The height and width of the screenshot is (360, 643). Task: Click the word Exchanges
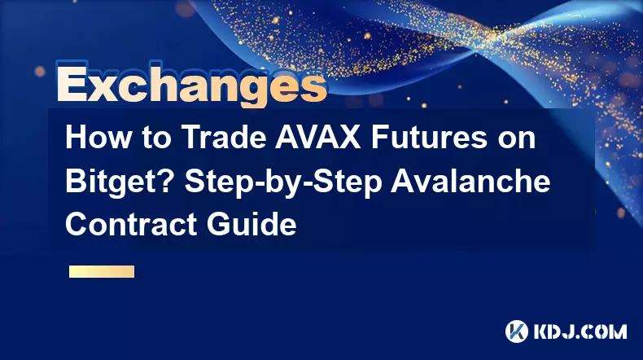click(x=191, y=84)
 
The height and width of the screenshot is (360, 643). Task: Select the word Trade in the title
click(x=224, y=138)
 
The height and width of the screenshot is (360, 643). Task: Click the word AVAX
click(x=318, y=138)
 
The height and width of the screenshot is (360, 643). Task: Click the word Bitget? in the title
click(x=121, y=182)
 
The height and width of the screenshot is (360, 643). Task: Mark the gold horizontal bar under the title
click(x=102, y=271)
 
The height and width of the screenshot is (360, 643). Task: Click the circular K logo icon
click(x=516, y=331)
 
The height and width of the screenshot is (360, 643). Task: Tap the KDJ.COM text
click(x=580, y=331)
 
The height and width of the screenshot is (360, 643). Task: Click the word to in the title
click(x=157, y=138)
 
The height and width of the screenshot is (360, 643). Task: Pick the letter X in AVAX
click(x=350, y=138)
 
